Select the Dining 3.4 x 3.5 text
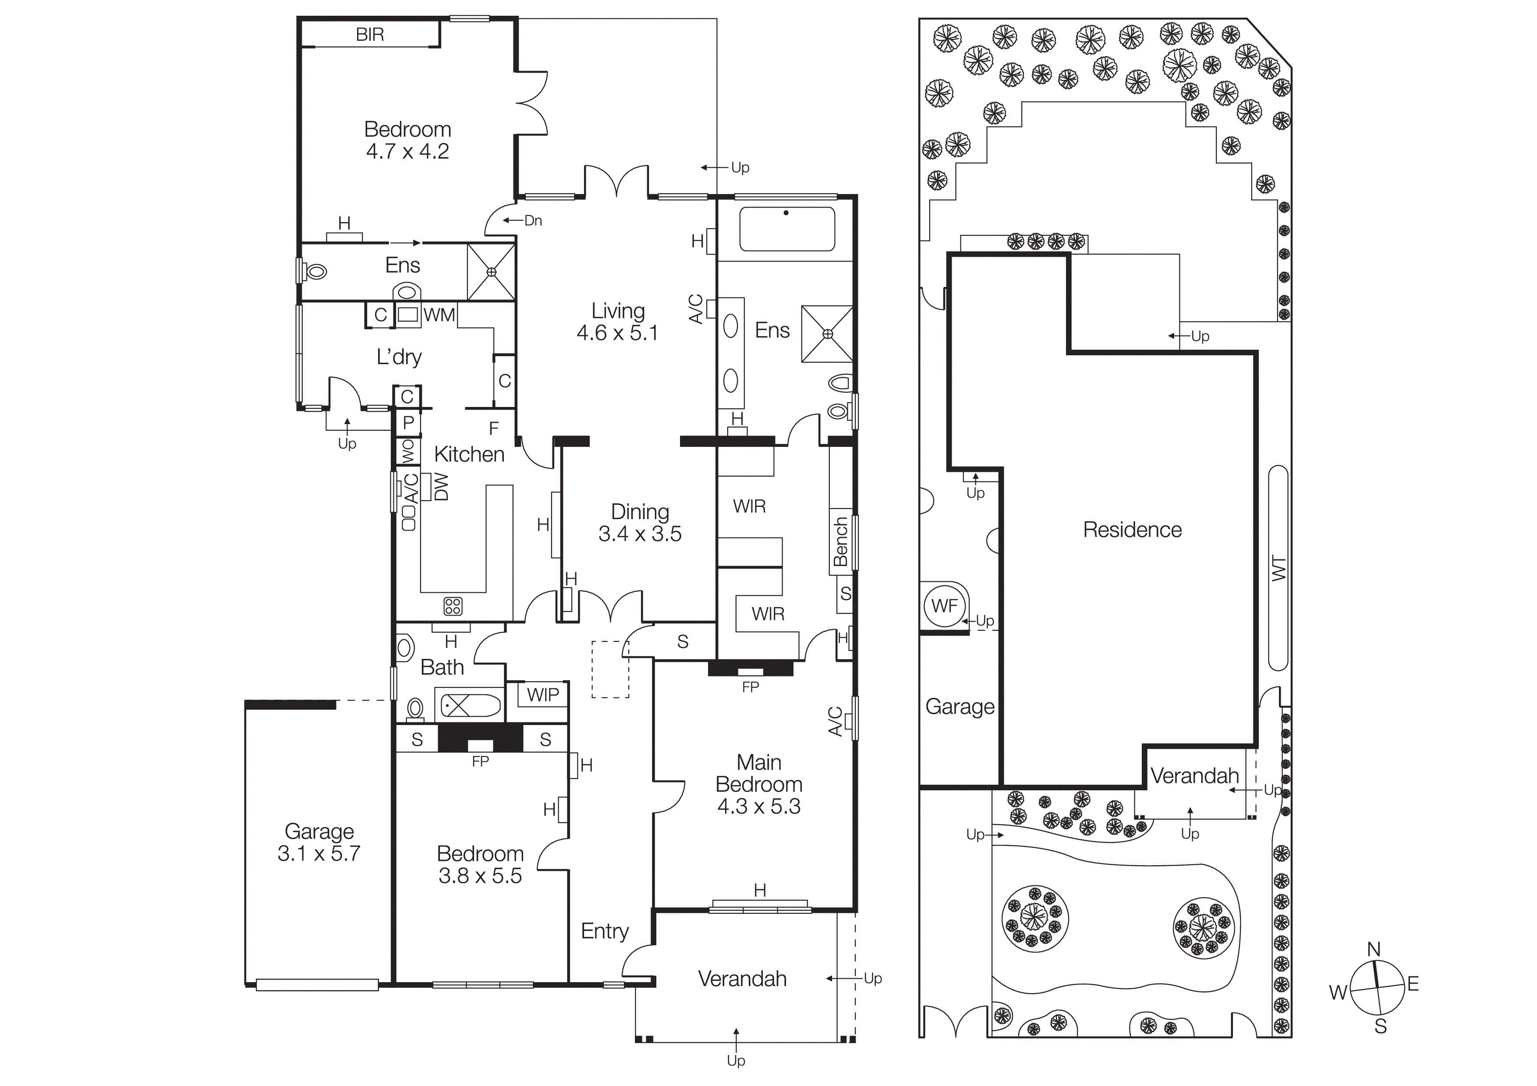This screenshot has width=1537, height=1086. [x=640, y=523]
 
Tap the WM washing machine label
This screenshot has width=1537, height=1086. [x=439, y=315]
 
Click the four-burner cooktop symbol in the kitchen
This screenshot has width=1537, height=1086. [x=453, y=606]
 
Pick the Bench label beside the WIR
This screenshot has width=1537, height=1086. [x=841, y=541]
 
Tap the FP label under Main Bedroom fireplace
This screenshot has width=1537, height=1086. [x=751, y=687]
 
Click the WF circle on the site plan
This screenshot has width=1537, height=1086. [x=945, y=605]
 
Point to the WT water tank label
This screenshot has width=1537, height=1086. [x=1278, y=569]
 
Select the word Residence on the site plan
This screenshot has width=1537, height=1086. [x=1132, y=530]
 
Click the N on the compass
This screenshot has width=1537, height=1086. [x=1374, y=949]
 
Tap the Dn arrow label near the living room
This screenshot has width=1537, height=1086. [x=533, y=221]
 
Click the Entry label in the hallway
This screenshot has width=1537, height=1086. [x=605, y=931]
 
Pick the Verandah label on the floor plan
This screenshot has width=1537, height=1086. [x=742, y=979]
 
